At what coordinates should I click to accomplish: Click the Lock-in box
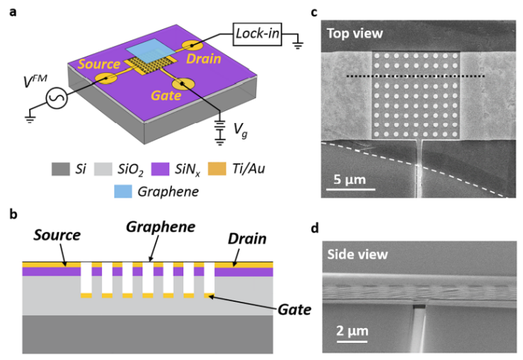257,34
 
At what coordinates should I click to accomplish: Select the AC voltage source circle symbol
57,98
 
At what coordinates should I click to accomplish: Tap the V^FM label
35,81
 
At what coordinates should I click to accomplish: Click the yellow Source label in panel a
99,64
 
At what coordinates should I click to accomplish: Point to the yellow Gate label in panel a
166,95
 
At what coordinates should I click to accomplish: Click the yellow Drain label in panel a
203,59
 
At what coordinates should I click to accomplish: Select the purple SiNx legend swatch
160,169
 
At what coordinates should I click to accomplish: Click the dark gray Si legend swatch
60,169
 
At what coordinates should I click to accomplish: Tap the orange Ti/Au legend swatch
217,169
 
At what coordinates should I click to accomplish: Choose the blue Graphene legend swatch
123,192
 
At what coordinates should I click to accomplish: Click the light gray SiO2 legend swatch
103,169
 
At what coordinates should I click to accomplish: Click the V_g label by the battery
240,130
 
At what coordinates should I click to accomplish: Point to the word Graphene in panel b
161,227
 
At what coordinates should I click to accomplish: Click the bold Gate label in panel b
294,309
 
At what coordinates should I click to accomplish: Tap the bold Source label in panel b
57,236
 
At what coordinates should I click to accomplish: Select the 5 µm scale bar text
349,180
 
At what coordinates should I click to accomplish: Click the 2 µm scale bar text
352,331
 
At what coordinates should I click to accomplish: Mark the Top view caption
355,34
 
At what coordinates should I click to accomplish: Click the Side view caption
358,255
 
